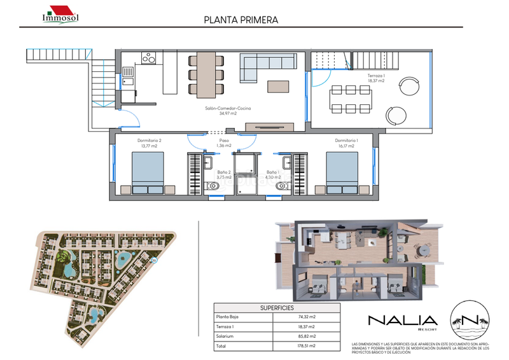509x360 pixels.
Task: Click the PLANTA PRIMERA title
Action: [241, 20]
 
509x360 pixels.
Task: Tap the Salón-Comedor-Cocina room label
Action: [228, 111]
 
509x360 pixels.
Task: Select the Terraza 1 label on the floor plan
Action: [376, 79]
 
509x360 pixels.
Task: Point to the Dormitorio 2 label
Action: [150, 143]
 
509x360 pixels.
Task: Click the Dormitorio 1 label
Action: [346, 143]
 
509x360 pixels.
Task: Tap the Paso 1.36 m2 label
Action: [224, 143]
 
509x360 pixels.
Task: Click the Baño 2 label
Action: [224, 175]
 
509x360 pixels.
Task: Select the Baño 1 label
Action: [273, 175]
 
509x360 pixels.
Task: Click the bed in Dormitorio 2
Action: [147, 172]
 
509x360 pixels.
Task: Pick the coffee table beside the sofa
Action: [277, 86]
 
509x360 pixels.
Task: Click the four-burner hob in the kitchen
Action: [150, 59]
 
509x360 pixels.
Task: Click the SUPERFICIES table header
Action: [276, 307]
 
